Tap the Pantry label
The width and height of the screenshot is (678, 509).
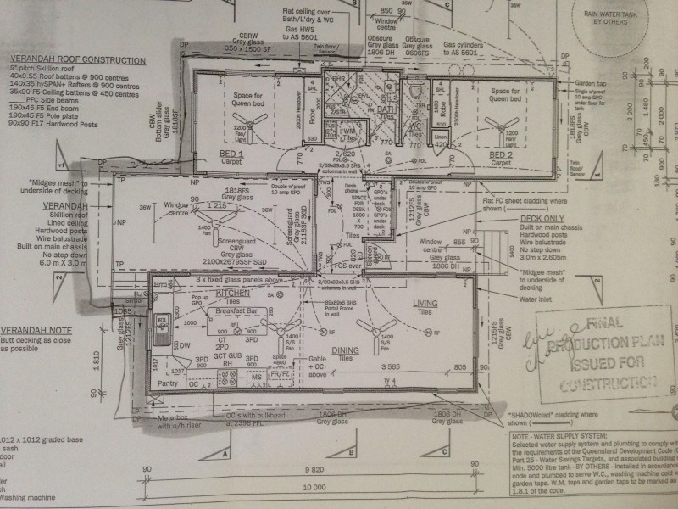168,383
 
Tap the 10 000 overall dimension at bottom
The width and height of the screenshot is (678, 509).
315,487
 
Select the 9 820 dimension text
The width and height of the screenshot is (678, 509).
315,467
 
